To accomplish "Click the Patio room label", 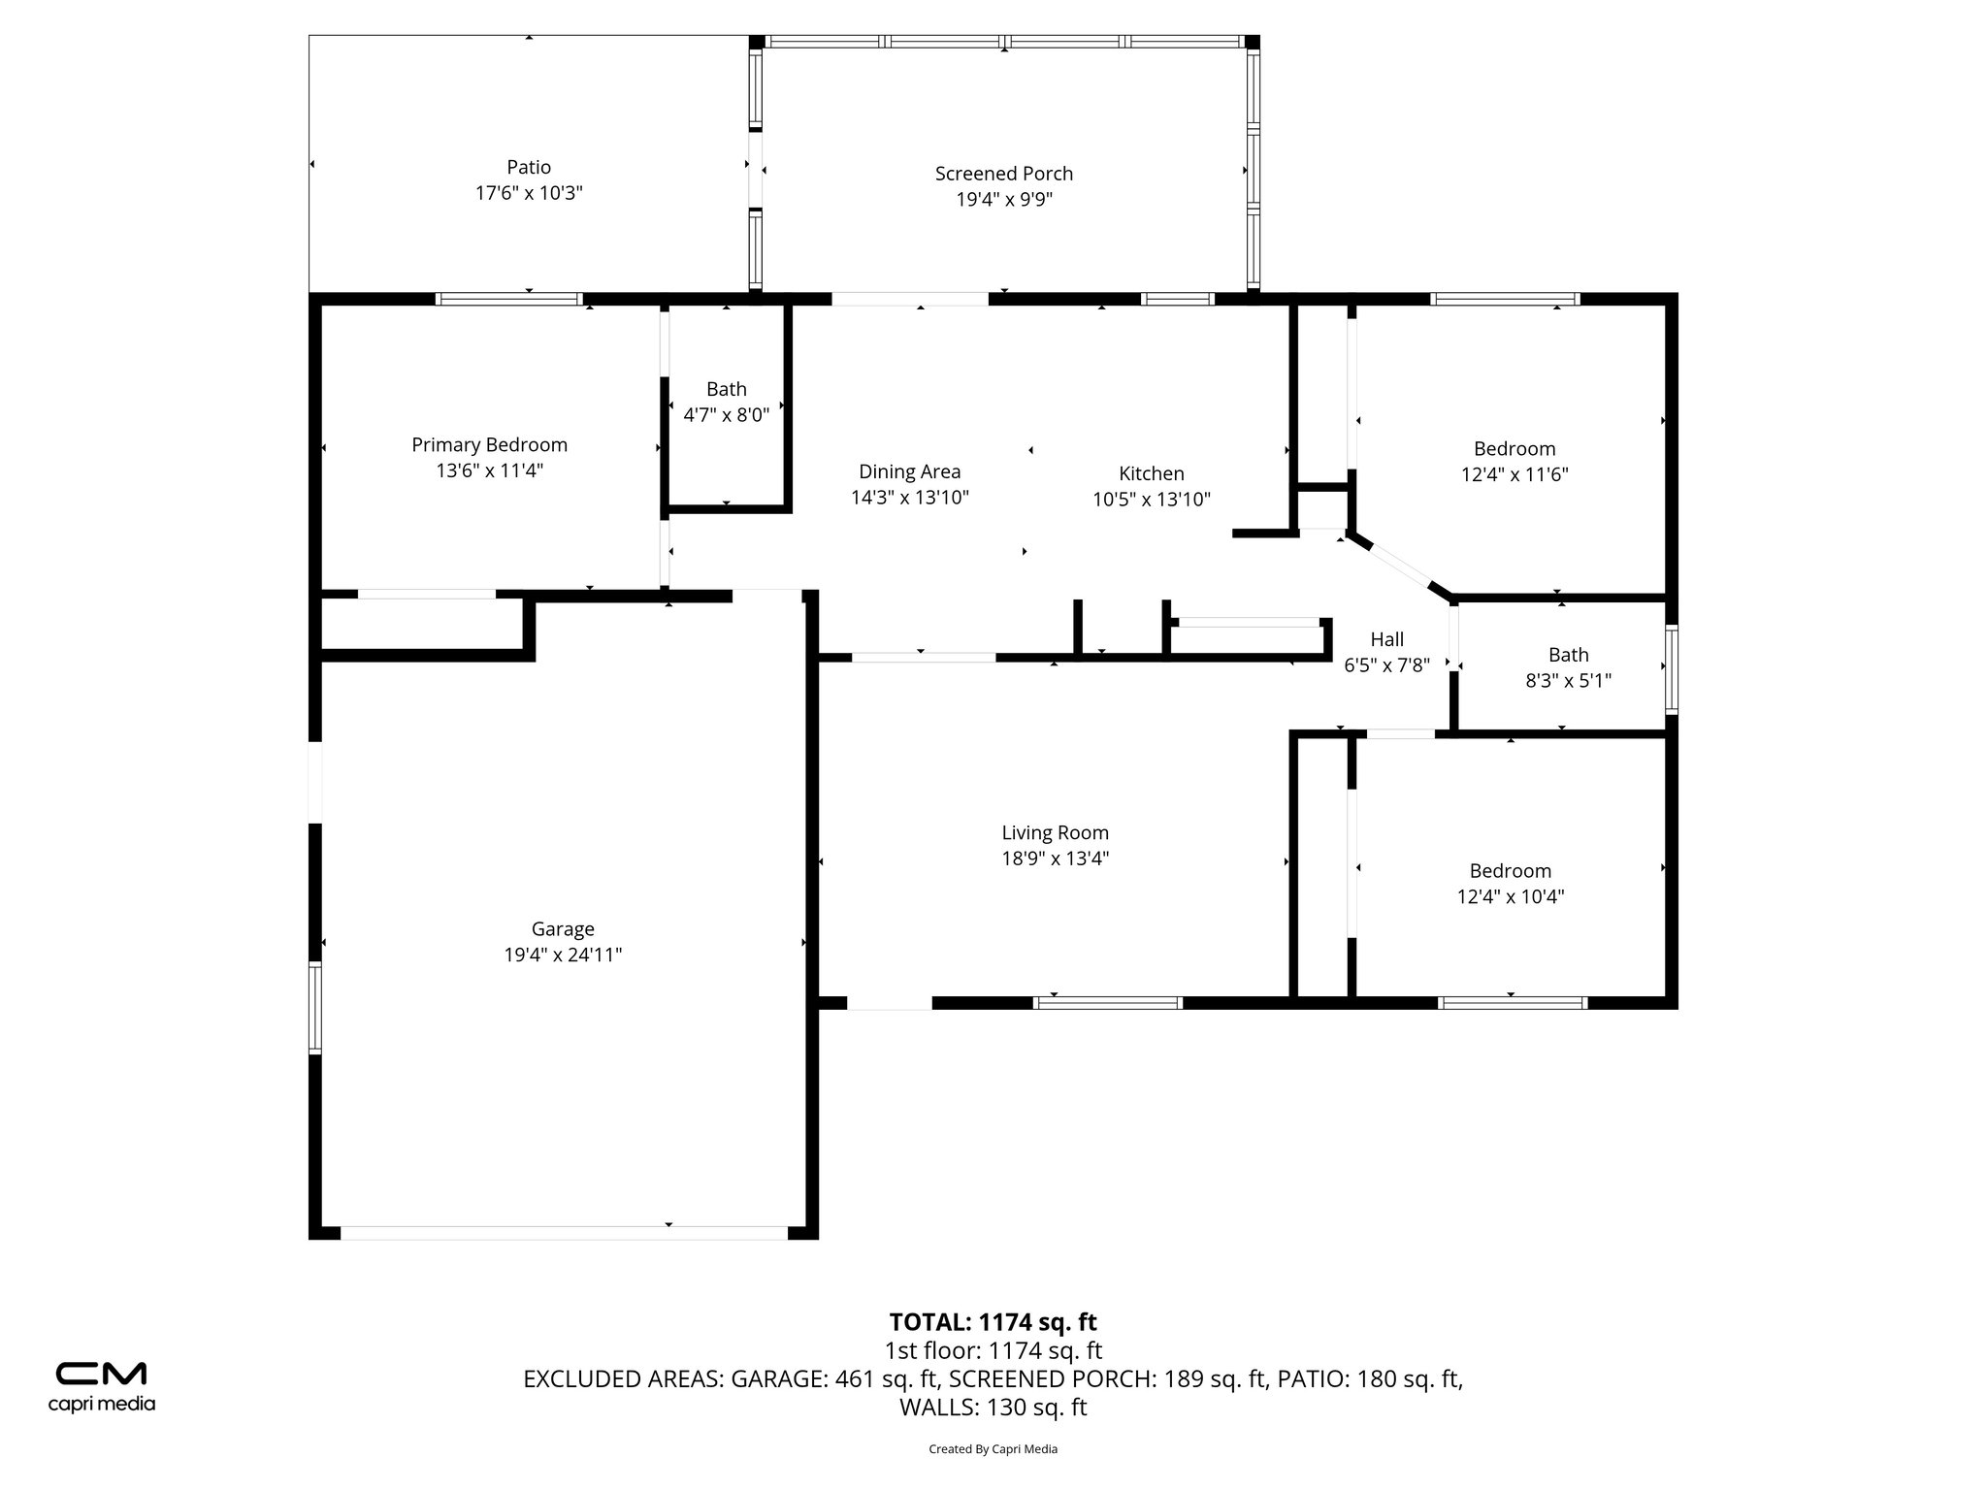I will tap(529, 167).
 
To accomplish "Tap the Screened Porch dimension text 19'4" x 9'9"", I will tap(1004, 200).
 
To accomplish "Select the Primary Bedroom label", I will tap(489, 444).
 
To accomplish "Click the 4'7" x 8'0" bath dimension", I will tap(726, 415).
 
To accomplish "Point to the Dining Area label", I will tap(909, 471).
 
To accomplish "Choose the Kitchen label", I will tap(1151, 473).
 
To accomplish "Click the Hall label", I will tap(1386, 639).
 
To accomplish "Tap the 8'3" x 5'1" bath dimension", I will tap(1568, 681).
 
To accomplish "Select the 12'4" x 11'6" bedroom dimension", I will tap(1514, 474).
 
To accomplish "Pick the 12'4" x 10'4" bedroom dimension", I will tap(1510, 896).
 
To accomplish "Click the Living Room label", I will tap(1055, 832).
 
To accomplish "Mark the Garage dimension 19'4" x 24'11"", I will tap(563, 955).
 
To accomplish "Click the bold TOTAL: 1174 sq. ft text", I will tap(993, 1322).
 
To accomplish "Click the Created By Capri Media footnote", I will tap(993, 1449).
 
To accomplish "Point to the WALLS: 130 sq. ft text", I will tap(993, 1408).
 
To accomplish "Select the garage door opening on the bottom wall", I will tap(563, 1233).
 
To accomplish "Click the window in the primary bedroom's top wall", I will tap(509, 299).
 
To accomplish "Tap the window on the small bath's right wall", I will tap(1671, 670).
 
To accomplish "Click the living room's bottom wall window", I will tap(1107, 1003).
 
